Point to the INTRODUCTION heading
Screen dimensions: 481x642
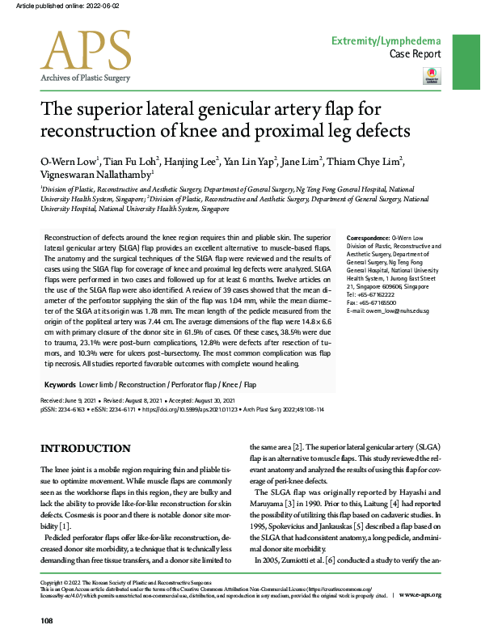85,449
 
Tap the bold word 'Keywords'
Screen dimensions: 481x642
61,384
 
